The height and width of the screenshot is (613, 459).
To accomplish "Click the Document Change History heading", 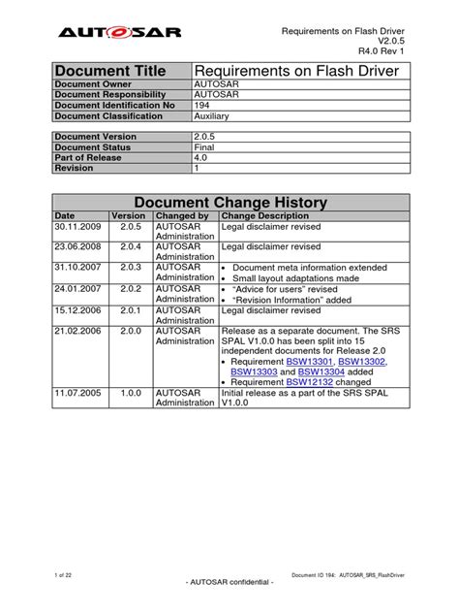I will point(229,202).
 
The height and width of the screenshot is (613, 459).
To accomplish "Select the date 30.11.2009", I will point(53,227).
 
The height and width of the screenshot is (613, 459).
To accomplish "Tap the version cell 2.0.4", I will point(129,246).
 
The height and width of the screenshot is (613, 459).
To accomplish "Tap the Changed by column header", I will point(181,215).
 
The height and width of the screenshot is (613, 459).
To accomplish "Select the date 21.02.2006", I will point(53,330).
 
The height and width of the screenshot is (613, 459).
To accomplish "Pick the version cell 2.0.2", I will point(129,288).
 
